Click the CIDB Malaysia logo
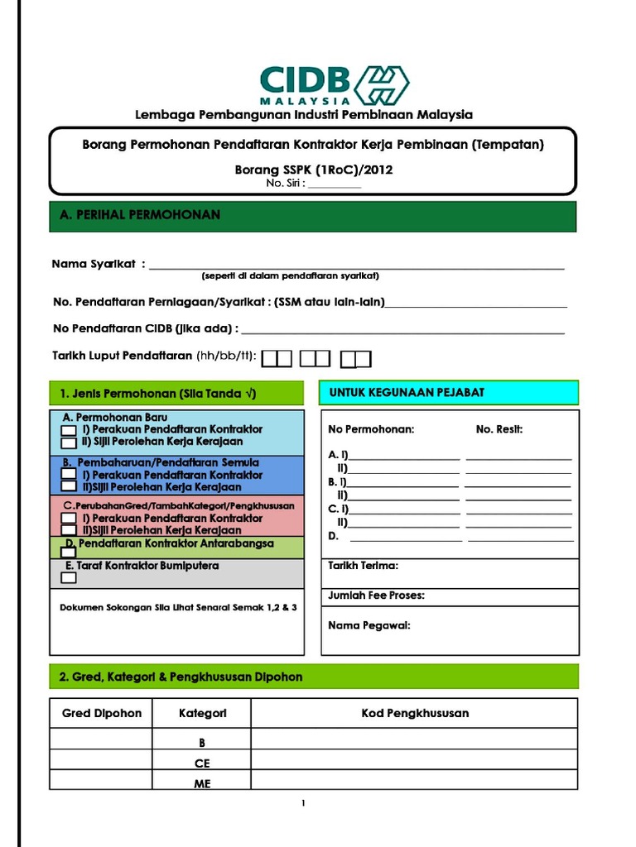[334, 84]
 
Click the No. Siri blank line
[334, 184]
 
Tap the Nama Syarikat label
[94, 264]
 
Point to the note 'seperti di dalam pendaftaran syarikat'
[290, 275]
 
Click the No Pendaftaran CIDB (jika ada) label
[146, 328]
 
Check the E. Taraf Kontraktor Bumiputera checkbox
[69, 578]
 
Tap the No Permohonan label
[371, 429]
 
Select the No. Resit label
[499, 429]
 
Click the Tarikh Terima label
[364, 566]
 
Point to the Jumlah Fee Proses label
[377, 596]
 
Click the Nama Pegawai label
[369, 625]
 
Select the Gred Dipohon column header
[102, 713]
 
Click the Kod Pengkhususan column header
[415, 713]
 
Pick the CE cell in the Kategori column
[202, 763]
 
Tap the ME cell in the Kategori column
[202, 783]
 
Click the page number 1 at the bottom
[304, 803]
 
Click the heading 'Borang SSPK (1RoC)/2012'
[314, 170]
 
